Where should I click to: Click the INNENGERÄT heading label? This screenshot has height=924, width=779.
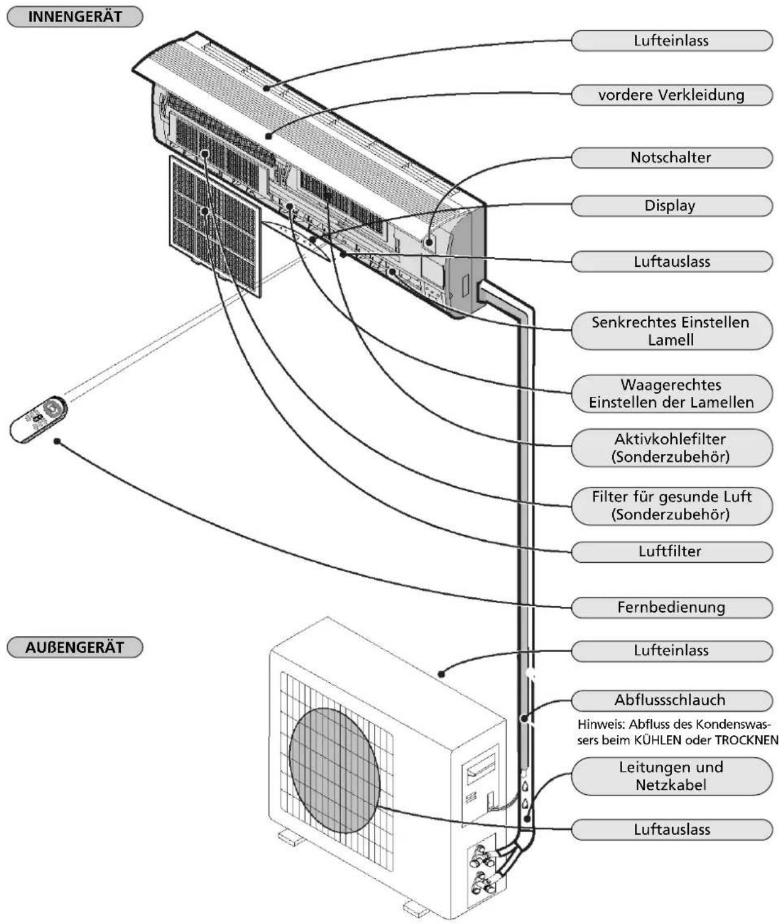pyautogui.click(x=75, y=17)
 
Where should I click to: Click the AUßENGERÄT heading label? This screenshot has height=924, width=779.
pyautogui.click(x=75, y=647)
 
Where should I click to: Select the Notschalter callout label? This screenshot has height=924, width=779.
pyautogui.click(x=671, y=157)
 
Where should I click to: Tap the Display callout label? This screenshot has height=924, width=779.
pyautogui.click(x=671, y=206)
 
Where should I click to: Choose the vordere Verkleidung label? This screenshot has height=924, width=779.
pyautogui.click(x=671, y=95)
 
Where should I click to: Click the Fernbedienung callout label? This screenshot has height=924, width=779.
pyautogui.click(x=671, y=607)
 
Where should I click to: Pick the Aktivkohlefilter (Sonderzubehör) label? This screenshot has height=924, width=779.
pyautogui.click(x=671, y=448)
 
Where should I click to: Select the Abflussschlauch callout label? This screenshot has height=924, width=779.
pyautogui.click(x=671, y=701)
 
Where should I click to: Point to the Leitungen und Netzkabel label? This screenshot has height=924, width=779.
pyautogui.click(x=671, y=776)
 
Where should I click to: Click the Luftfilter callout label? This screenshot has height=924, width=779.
pyautogui.click(x=671, y=552)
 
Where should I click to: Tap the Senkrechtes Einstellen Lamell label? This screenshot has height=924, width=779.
pyautogui.click(x=671, y=331)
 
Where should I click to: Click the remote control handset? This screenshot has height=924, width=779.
pyautogui.click(x=39, y=419)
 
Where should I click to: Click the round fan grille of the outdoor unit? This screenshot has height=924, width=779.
pyautogui.click(x=335, y=770)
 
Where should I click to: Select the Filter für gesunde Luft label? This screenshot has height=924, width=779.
pyautogui.click(x=671, y=506)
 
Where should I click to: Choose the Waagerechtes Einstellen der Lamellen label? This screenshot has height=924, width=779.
pyautogui.click(x=671, y=394)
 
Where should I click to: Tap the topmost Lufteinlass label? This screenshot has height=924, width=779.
pyautogui.click(x=671, y=41)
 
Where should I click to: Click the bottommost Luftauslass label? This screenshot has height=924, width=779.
pyautogui.click(x=671, y=830)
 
